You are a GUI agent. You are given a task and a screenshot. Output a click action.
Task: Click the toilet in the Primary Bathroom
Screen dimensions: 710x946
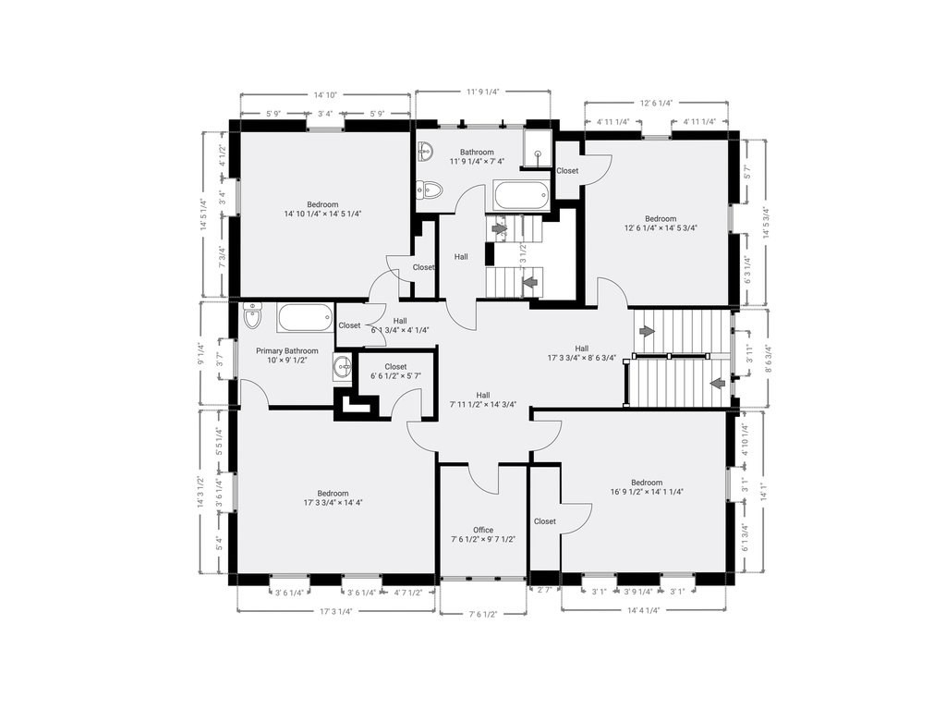253,317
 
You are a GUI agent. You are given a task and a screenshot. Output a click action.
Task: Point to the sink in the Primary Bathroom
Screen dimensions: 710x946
343,367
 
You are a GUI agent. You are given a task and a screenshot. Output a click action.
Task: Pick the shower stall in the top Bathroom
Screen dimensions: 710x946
537,150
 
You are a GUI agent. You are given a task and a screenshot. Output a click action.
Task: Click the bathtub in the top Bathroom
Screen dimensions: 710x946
522,195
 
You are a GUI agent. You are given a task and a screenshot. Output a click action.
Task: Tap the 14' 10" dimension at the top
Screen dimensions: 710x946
325,94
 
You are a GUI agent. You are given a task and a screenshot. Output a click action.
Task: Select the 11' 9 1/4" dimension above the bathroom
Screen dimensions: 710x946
482,92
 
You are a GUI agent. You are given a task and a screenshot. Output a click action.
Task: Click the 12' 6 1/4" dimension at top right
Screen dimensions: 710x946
655,103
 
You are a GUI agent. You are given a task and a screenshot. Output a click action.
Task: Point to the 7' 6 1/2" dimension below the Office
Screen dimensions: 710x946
483,613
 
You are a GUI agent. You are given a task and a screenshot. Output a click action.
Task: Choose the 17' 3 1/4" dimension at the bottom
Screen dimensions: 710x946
336,611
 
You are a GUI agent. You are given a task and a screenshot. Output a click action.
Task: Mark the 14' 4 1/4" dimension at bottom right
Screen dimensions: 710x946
643,610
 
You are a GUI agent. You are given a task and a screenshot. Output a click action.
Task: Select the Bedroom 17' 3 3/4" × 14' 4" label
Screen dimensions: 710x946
333,497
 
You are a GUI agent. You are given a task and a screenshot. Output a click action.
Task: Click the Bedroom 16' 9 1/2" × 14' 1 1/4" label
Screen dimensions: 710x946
647,487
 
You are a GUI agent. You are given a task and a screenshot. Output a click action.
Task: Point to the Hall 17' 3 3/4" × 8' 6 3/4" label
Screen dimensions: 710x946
582,352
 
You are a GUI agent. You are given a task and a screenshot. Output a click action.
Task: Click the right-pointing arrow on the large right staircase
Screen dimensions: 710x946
647,330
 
